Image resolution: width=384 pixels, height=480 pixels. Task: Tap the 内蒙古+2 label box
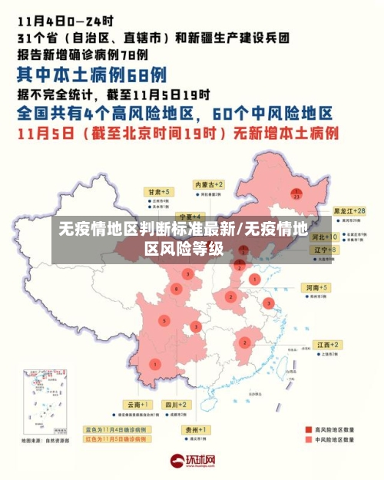[x=208, y=185]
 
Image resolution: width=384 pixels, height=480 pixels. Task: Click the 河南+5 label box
[x=316, y=287]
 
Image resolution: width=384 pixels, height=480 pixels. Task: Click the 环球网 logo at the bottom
[x=192, y=462]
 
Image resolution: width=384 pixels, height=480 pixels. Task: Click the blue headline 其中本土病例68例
[x=91, y=74]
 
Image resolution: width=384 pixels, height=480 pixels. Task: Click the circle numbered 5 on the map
[x=163, y=319]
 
